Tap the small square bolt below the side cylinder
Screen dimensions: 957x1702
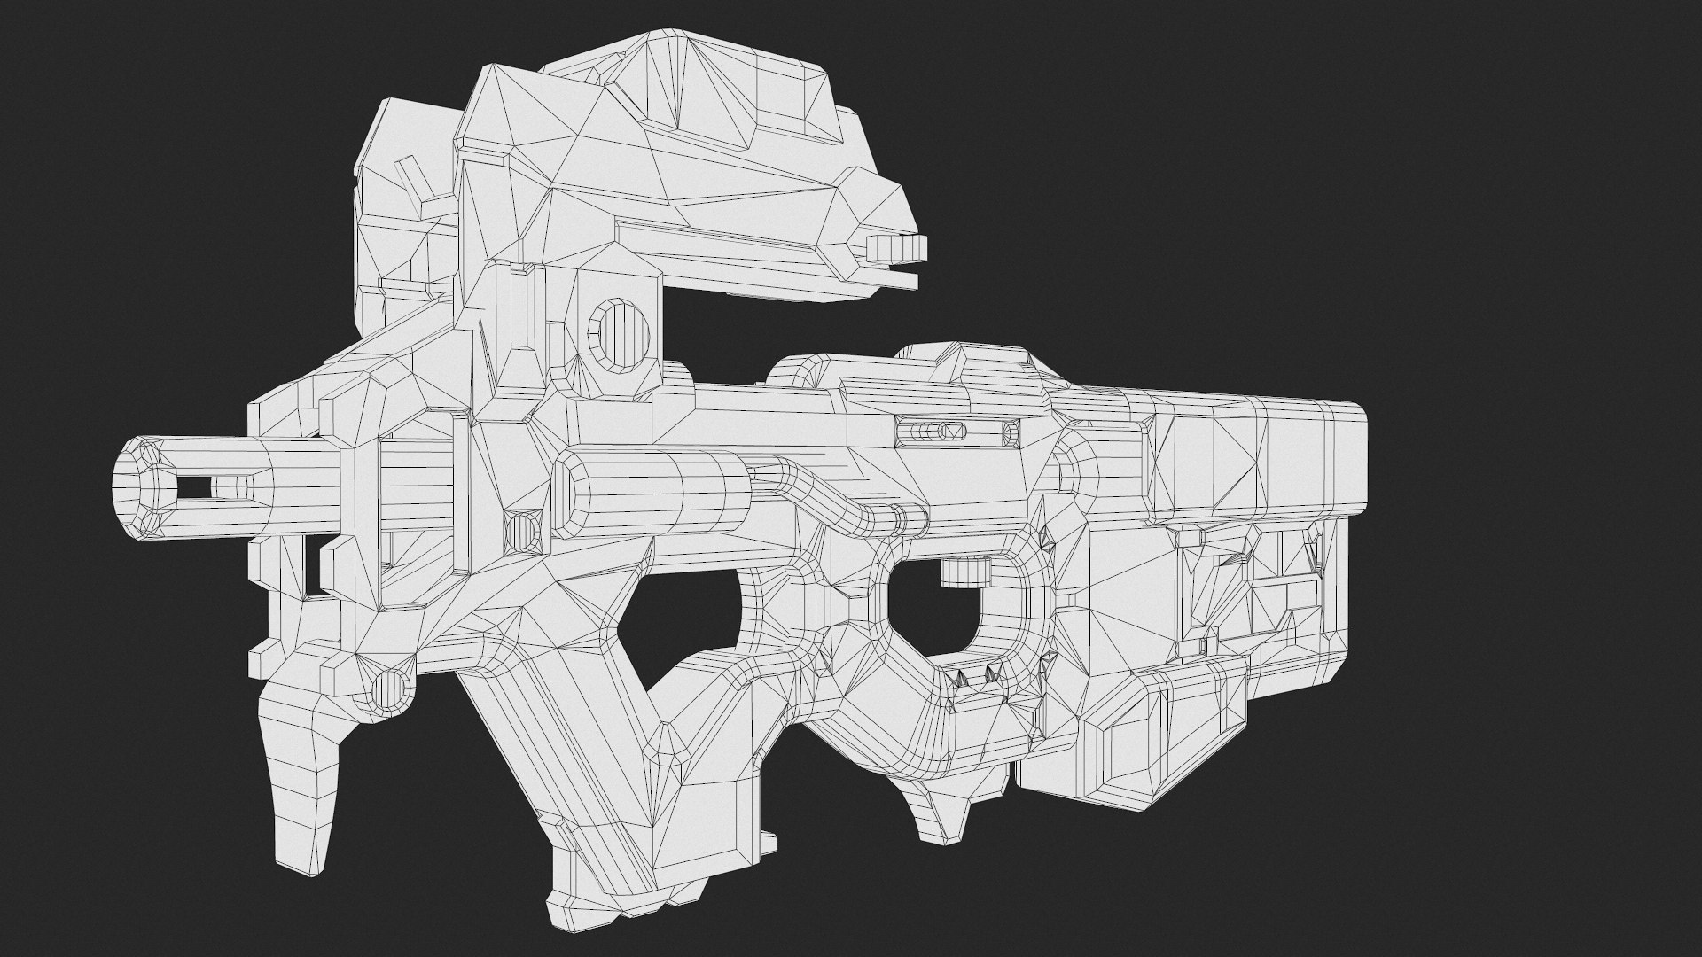point(522,531)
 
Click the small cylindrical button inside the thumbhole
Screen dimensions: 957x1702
point(964,572)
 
